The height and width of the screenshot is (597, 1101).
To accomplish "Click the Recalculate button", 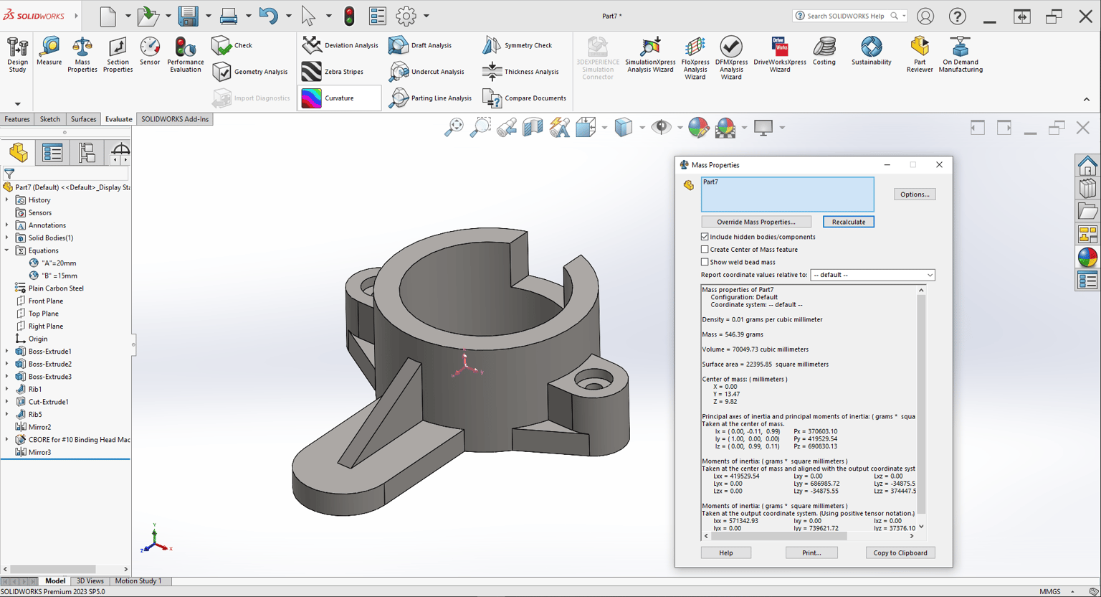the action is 849,222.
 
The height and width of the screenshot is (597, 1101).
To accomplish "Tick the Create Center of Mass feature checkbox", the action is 705,250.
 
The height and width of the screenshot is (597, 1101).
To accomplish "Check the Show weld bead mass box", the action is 705,262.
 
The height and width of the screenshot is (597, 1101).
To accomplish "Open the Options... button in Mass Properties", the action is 915,194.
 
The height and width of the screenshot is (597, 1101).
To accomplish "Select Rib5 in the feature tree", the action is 35,415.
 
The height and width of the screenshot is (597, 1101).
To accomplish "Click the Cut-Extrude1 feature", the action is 49,402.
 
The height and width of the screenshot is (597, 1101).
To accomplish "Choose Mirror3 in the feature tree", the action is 40,452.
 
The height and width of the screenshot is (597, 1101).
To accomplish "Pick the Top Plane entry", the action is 43,314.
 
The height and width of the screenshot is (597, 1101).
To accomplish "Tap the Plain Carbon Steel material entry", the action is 56,288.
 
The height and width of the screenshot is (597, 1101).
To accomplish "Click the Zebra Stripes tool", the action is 333,72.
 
